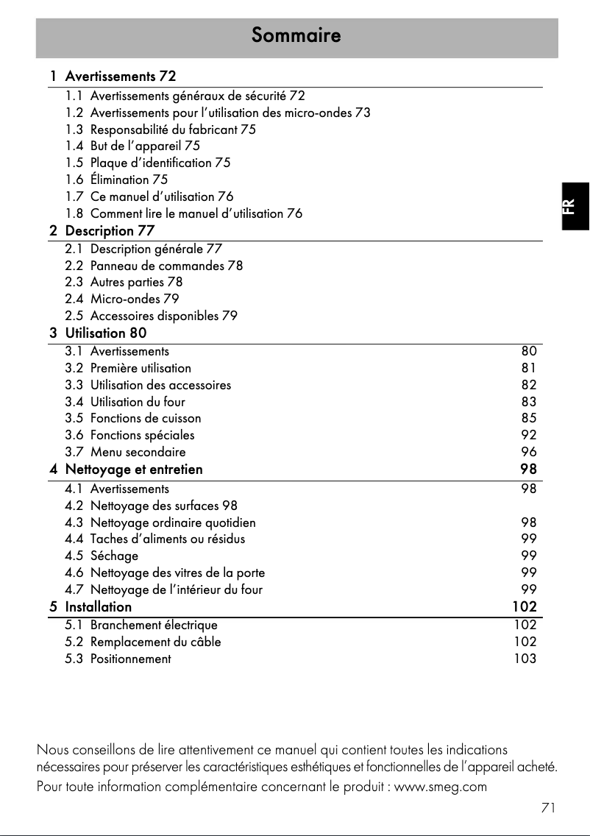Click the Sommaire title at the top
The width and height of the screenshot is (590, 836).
tap(296, 35)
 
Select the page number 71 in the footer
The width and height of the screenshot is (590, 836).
tap(547, 808)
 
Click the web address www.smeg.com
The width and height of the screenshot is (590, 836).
tap(441, 787)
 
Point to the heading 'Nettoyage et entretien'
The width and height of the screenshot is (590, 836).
tap(134, 470)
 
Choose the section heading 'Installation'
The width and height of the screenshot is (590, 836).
tap(99, 607)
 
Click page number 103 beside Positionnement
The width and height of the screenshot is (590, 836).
tap(525, 659)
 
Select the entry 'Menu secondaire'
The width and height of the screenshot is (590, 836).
tap(138, 453)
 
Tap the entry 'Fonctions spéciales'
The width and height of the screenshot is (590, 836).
tap(142, 436)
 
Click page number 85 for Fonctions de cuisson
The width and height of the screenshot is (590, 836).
tap(529, 419)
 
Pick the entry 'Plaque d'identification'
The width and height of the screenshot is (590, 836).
tap(151, 163)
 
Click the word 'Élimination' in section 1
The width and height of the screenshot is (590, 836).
tap(119, 180)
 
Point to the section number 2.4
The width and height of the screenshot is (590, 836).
tap(74, 300)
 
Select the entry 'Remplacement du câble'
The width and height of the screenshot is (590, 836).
tap(155, 642)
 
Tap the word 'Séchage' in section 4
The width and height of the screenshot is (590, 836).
tap(114, 556)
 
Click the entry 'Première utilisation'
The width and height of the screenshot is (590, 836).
tap(141, 369)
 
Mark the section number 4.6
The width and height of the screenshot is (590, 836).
tap(74, 573)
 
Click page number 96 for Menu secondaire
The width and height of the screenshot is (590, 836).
tap(529, 453)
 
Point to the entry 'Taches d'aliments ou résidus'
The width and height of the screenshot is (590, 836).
tap(168, 539)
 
